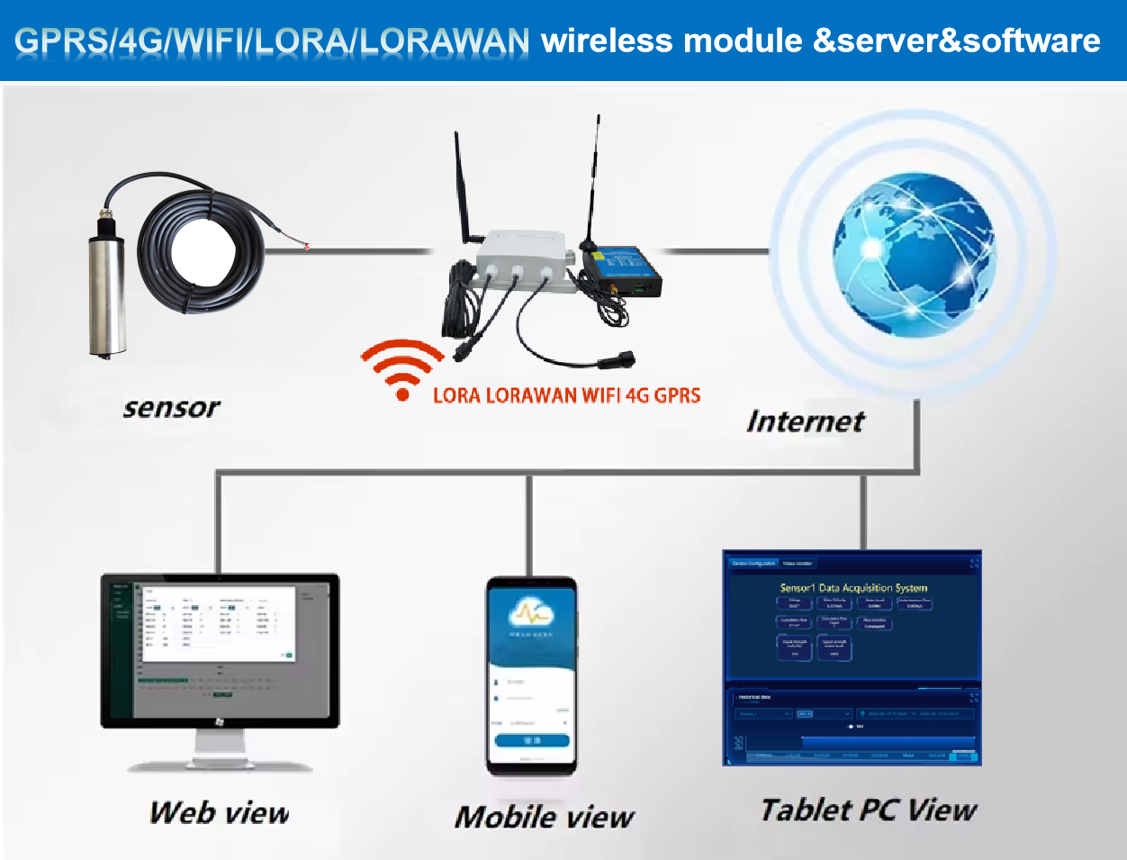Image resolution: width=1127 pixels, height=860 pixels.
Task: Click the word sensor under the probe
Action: pos(171,408)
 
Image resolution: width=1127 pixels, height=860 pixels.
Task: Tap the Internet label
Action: pos(805,421)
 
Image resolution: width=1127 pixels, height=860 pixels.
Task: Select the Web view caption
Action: pos(220,813)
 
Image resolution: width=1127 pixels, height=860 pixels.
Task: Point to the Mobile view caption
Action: pos(544,818)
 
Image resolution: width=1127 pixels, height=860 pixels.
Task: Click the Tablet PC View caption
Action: pos(868,810)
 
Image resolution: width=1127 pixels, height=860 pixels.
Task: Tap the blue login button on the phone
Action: pos(531,740)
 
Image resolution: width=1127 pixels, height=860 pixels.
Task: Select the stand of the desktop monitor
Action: pos(220,747)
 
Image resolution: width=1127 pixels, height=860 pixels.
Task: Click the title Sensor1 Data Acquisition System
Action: pos(852,588)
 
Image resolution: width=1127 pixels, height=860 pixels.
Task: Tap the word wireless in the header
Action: pos(607,41)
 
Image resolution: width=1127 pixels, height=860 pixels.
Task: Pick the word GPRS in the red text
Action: pos(677,395)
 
